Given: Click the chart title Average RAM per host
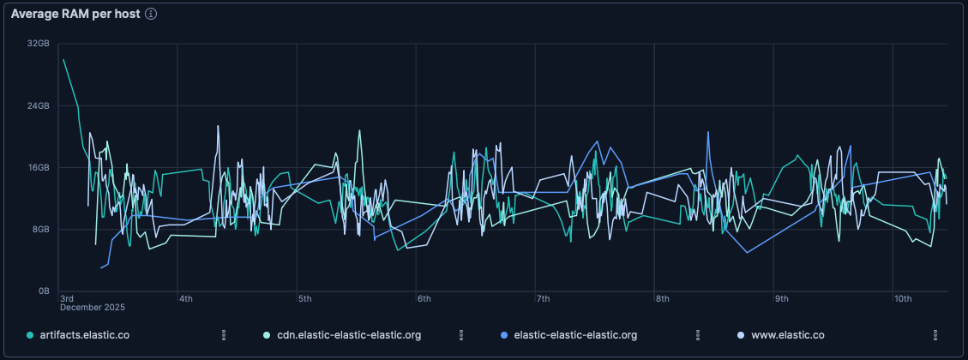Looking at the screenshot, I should (75, 15).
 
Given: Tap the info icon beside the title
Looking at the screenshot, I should (151, 15).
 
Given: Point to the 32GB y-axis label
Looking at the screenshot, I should (39, 44).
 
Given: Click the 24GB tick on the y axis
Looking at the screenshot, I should (39, 106).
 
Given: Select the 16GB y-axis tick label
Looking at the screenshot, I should (39, 168).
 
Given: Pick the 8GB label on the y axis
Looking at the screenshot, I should (41, 230).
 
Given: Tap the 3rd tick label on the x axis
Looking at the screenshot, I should (67, 298).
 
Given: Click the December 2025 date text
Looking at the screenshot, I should (92, 307).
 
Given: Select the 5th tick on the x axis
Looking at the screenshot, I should (304, 298).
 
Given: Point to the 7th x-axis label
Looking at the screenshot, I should (543, 298).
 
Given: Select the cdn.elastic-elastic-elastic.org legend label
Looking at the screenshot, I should (349, 335).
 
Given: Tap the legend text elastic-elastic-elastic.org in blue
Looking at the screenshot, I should (574, 335).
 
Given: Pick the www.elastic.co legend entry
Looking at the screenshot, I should (787, 335).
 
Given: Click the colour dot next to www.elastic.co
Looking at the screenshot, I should (742, 335).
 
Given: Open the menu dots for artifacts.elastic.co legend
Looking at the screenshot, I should (224, 335).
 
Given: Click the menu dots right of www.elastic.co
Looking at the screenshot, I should (935, 335).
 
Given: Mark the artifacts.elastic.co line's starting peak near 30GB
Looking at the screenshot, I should (63, 60).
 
